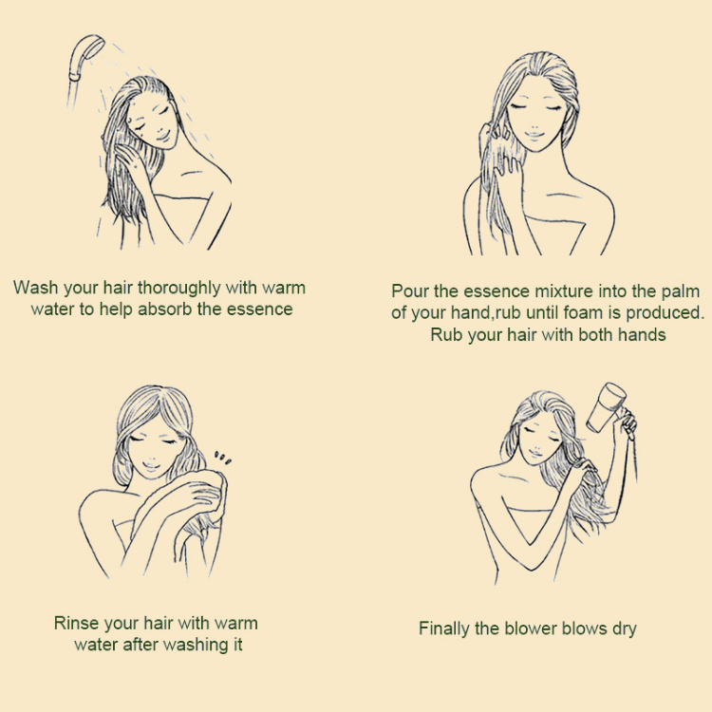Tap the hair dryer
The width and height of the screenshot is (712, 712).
[608, 409]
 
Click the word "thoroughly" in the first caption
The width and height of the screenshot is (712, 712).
[178, 289]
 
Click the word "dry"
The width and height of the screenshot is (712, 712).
[625, 629]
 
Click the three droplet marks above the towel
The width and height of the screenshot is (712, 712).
[223, 458]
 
